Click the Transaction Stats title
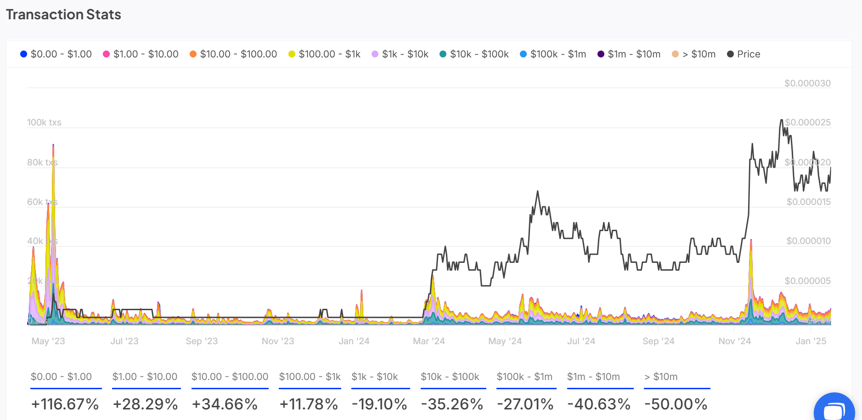tap(63, 15)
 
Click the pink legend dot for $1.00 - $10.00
tap(106, 54)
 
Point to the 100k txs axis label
tap(44, 123)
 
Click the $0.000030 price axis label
tap(807, 84)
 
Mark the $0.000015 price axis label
tap(808, 202)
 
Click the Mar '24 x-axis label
tap(428, 341)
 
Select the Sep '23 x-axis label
tap(202, 341)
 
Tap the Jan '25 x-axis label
tap(811, 341)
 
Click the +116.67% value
tap(65, 404)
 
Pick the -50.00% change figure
tap(676, 404)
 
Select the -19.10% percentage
tap(379, 404)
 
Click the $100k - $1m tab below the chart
tap(524, 377)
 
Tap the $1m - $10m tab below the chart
tap(593, 377)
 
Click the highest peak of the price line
tap(781, 120)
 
